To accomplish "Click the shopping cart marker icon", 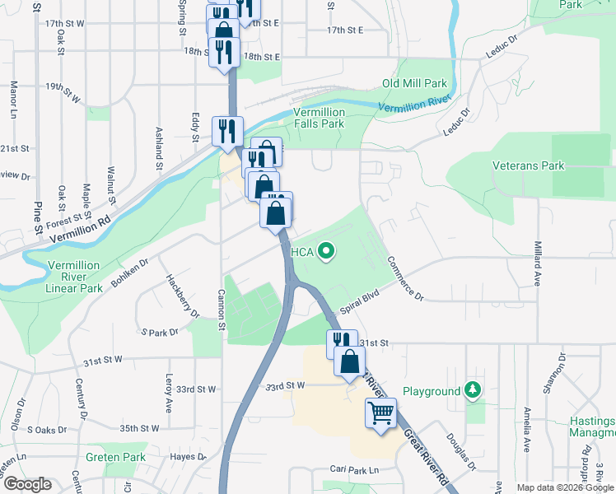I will pos(380,412).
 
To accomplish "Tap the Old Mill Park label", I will pos(414,84).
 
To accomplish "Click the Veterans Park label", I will pos(528,165).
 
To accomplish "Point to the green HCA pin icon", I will pos(326,251).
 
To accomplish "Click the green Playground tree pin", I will pos(473,389).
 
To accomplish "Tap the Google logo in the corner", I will pos(27,484).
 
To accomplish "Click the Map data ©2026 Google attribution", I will pos(565,487).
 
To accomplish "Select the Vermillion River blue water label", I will pos(415,105).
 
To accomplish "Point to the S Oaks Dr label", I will pos(46,429).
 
